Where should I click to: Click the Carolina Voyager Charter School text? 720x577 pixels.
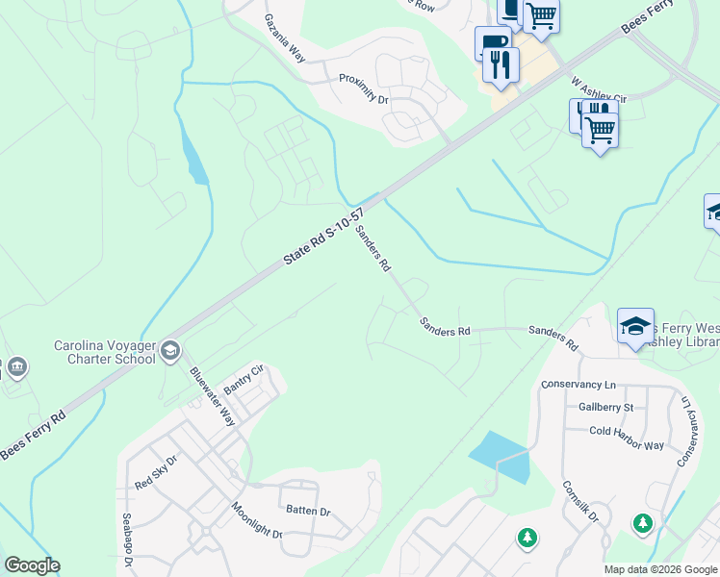tap(104, 352)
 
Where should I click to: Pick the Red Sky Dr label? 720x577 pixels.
tap(158, 472)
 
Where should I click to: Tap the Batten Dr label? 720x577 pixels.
tap(306, 511)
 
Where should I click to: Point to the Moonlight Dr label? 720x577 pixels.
tap(256, 519)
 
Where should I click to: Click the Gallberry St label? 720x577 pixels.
tap(599, 407)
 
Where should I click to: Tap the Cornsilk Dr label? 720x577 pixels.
tap(579, 501)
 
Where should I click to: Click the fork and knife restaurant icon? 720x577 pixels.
tap(500, 63)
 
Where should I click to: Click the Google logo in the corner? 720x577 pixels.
tap(32, 565)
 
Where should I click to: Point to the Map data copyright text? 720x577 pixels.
tap(659, 569)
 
